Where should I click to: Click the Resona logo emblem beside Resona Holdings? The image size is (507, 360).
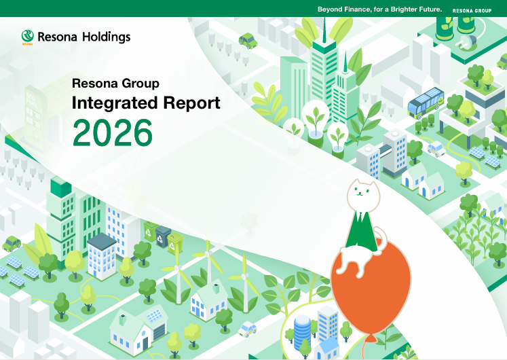[27, 37]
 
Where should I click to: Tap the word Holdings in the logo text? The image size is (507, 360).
[107, 37]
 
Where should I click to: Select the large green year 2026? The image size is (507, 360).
[113, 133]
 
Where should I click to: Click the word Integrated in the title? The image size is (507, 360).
[115, 103]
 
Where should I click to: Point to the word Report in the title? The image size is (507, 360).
[192, 103]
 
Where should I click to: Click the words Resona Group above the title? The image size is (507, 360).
[115, 84]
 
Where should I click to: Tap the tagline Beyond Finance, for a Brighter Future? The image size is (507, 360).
[379, 10]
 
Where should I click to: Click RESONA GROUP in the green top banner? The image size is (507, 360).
[472, 11]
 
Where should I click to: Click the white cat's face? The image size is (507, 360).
[363, 194]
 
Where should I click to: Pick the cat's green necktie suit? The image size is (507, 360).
[362, 229]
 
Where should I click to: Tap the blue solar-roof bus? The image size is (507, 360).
[425, 103]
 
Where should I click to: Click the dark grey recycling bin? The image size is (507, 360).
[163, 236]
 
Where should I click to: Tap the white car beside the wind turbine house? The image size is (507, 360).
[248, 329]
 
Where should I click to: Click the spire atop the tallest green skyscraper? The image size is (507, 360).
[324, 29]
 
